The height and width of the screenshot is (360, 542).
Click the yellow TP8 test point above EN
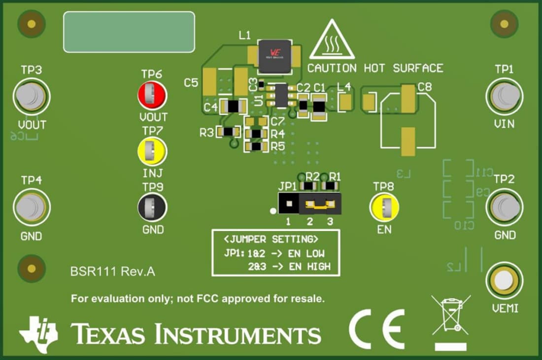384,207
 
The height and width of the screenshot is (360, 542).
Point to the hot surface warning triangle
332,41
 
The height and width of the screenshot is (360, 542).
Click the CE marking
377,329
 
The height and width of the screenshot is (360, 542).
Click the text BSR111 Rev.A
113,272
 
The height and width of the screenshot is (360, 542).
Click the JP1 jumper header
309,203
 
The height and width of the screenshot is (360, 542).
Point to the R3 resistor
229,132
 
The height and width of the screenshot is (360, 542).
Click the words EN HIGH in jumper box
309,267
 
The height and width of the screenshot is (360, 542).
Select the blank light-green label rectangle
129,32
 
